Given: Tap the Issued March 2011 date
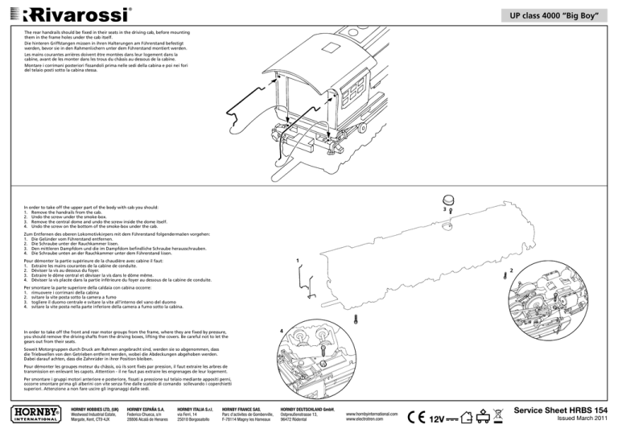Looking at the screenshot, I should pyautogui.click(x=579, y=421).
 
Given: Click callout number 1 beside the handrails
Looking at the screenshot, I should pyautogui.click(x=299, y=261).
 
